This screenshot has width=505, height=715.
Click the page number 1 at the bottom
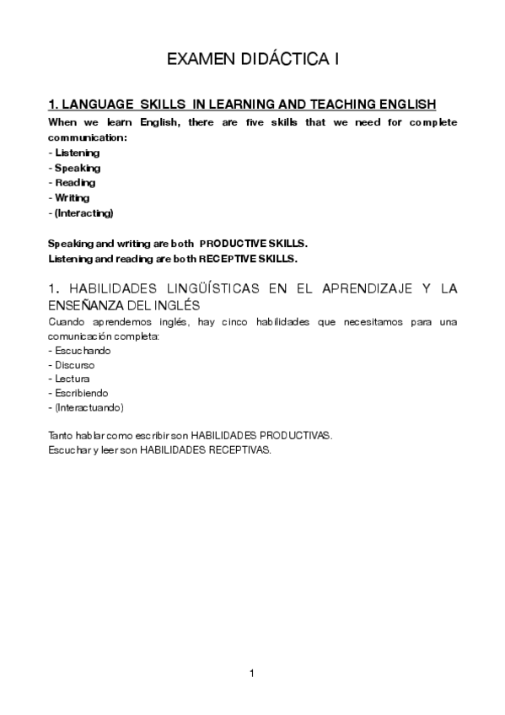tap(252, 673)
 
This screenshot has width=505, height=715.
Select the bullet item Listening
tap(77, 153)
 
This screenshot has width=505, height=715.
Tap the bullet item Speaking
tap(78, 168)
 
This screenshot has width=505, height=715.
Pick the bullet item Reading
tap(75, 182)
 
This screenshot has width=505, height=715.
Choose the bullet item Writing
tap(72, 197)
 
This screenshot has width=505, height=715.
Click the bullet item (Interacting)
tap(83, 212)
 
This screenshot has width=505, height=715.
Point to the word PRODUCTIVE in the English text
tap(230, 243)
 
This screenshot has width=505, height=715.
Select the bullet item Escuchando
tap(83, 350)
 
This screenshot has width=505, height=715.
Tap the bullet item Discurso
tap(75, 365)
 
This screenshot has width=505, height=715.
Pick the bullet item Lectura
tap(73, 379)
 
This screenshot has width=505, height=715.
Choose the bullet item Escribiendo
tap(82, 393)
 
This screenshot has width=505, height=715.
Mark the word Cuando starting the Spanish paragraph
tap(67, 322)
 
